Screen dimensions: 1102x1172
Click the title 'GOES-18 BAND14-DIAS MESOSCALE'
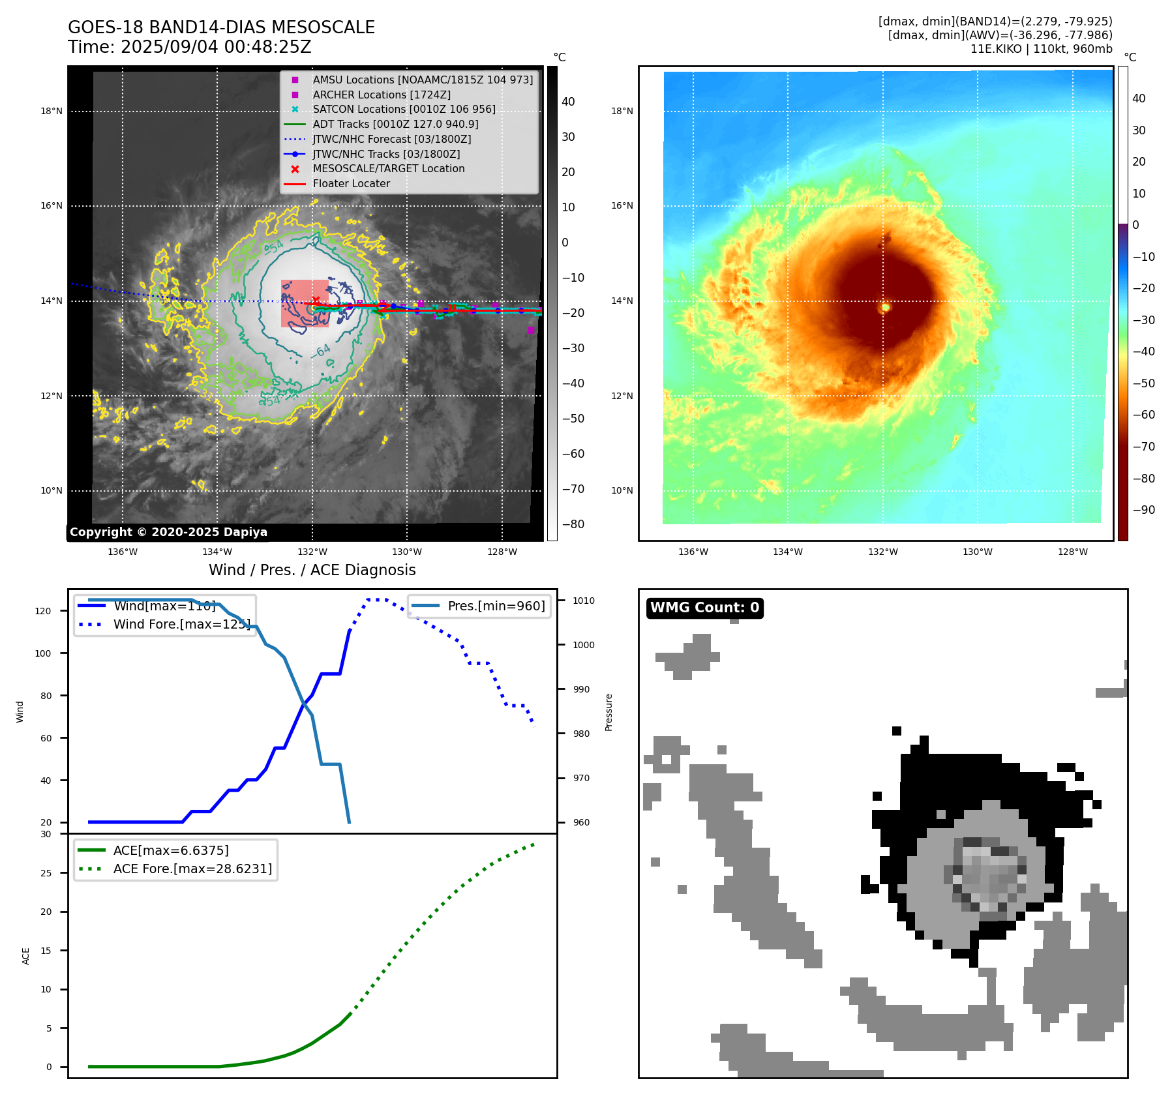coord(221,27)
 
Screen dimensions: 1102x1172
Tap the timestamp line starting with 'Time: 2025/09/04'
coord(189,47)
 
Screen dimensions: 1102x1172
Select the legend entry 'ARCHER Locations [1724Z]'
coord(381,95)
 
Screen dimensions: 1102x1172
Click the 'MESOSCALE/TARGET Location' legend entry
coord(388,169)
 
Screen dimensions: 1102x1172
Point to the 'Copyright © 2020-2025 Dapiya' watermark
coord(168,532)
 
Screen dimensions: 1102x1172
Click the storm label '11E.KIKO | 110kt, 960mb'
coord(1041,49)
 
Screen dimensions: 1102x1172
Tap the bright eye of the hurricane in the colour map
coord(885,306)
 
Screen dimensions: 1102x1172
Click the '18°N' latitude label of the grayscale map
coord(52,111)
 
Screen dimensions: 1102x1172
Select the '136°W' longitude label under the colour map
coord(693,552)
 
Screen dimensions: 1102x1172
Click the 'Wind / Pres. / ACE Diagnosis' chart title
coord(312,570)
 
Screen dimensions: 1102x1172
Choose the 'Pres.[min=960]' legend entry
coord(496,606)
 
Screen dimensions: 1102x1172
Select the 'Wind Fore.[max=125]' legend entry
coord(181,624)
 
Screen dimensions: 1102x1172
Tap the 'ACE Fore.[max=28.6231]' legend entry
coord(192,869)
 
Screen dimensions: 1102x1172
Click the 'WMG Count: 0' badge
coord(704,608)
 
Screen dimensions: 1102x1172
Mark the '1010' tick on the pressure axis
coord(584,601)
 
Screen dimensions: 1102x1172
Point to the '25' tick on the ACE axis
coord(46,873)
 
